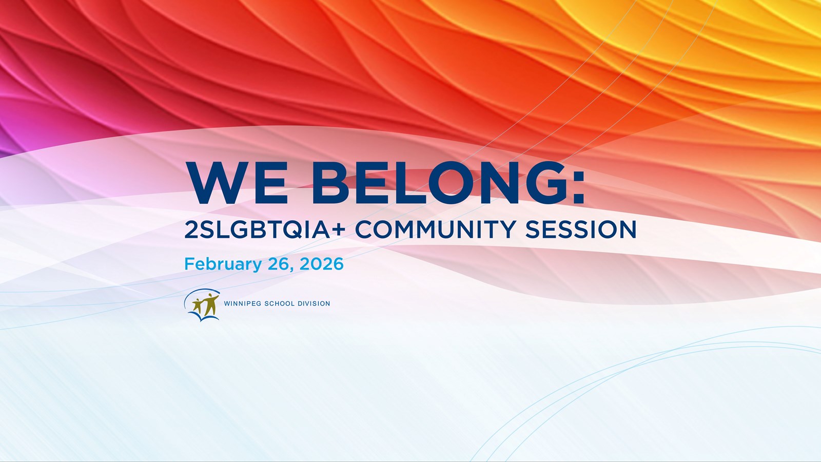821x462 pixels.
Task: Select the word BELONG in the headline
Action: [x=437, y=183]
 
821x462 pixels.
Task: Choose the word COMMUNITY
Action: [x=436, y=229]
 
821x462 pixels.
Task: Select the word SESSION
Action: [x=580, y=229]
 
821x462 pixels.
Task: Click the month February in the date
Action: [x=223, y=264]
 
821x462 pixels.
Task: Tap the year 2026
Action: [x=321, y=264]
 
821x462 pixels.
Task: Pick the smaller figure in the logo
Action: [x=198, y=306]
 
